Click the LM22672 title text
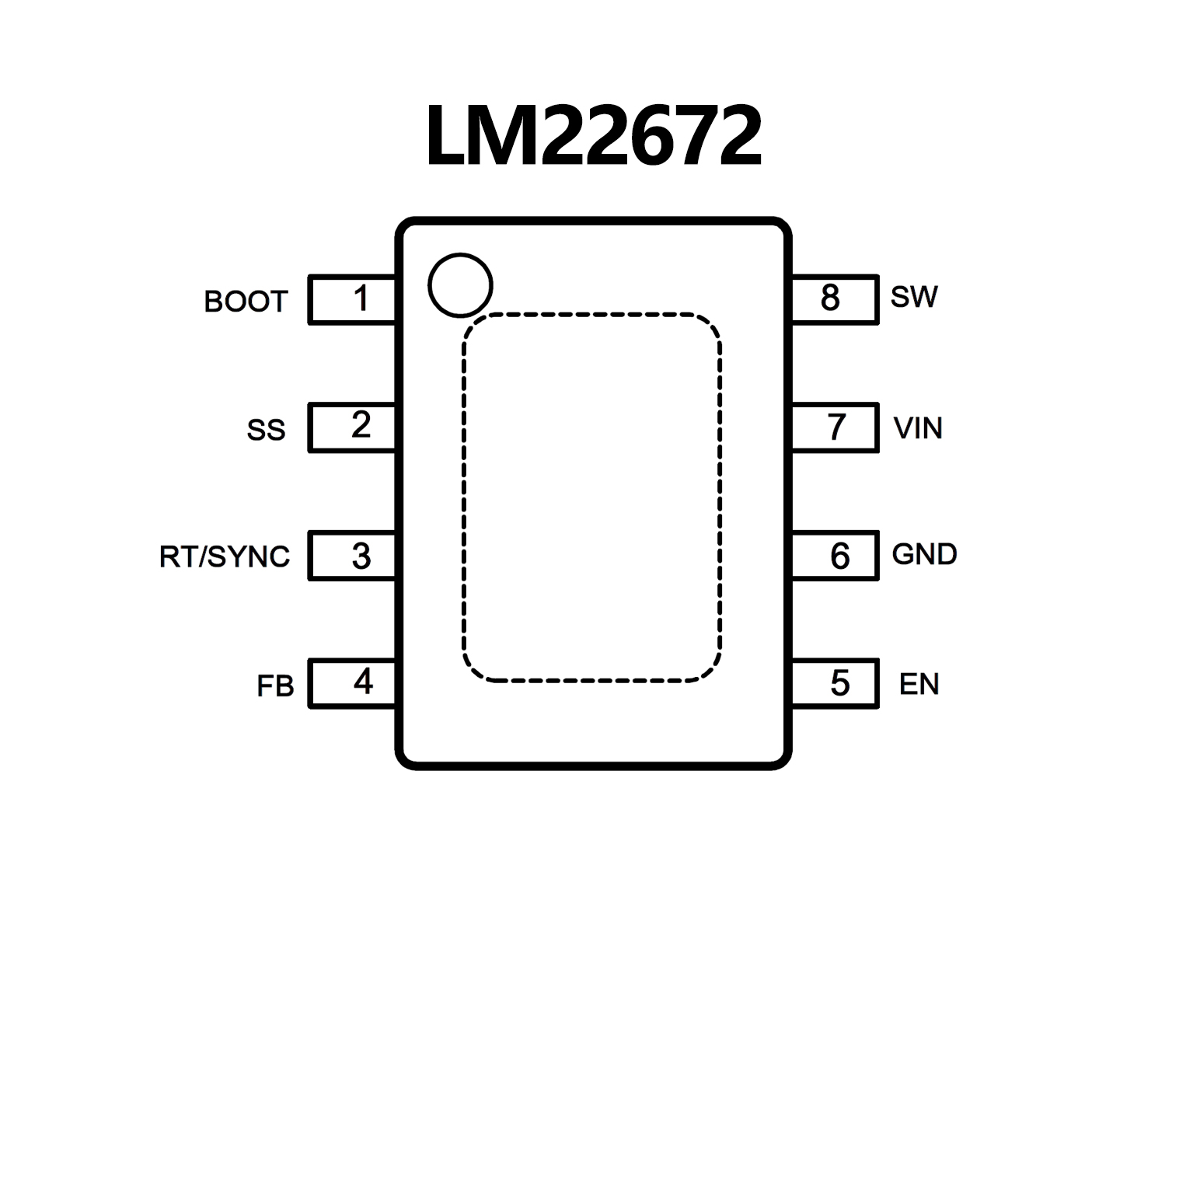pos(594,137)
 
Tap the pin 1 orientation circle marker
pos(460,285)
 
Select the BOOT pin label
pos(246,302)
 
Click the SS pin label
pos(266,430)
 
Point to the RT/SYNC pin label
pos(225,556)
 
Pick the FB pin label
pos(275,686)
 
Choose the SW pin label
pos(914,297)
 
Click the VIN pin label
pos(918,428)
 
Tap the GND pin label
pos(924,554)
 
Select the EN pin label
pos(919,684)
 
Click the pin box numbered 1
pos(352,299)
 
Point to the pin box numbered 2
pos(352,427)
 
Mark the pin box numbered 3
pos(352,556)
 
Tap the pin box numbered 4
pos(352,683)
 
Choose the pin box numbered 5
pos(835,683)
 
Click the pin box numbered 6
pos(835,556)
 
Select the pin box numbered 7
pos(835,427)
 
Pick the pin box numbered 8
pos(835,299)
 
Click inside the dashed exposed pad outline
pos(591,498)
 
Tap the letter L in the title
pos(447,138)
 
